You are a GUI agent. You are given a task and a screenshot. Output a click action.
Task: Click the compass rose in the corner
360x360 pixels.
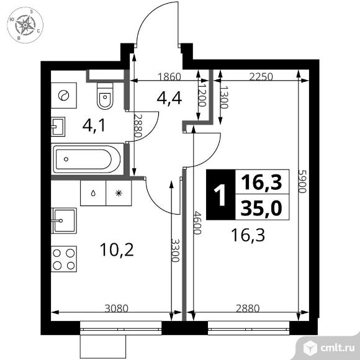25,25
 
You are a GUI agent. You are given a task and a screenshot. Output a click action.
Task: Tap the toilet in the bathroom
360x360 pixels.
105,96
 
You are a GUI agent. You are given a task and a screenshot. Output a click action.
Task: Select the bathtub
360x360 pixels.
88,159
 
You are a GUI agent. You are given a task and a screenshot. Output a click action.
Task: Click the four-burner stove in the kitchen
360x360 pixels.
64,259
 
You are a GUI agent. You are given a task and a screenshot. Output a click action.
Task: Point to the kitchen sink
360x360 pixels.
64,221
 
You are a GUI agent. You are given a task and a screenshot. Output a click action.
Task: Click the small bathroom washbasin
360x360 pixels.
58,127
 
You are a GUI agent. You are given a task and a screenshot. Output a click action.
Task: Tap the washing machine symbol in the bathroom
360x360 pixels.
63,96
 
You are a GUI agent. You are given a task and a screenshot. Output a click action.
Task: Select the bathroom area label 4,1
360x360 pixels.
94,126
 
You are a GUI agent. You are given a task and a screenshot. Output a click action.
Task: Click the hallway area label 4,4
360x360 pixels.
169,98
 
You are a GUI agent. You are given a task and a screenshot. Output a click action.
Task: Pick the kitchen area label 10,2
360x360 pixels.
117,250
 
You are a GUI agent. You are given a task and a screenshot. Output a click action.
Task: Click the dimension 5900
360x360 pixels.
303,181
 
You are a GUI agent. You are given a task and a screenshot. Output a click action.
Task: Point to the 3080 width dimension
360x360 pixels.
116,308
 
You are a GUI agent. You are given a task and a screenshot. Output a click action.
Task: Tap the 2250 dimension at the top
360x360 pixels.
261,77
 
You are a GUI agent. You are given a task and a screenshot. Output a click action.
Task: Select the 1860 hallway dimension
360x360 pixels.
169,77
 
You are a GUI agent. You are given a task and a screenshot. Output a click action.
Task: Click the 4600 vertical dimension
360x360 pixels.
197,223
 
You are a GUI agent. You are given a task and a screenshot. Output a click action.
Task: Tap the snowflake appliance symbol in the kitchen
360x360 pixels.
119,193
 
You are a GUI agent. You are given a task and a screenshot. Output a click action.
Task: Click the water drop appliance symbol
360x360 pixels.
93,193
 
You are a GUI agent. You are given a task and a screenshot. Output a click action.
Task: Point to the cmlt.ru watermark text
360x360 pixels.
337,348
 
